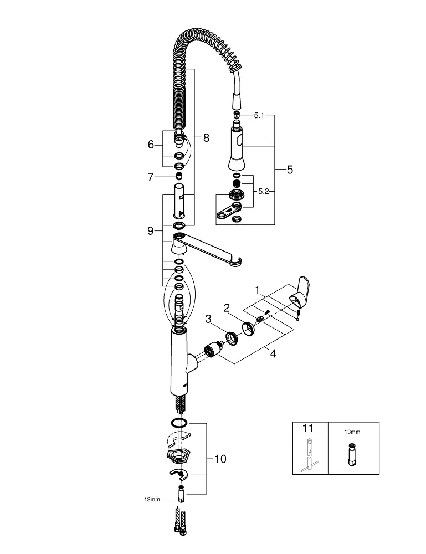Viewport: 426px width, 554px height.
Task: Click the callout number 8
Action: (x=206, y=138)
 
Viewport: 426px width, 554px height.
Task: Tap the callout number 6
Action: (x=150, y=145)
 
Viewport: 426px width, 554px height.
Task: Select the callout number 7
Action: (x=150, y=177)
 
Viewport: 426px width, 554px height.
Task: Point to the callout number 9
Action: (x=150, y=231)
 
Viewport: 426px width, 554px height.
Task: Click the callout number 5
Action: (x=290, y=170)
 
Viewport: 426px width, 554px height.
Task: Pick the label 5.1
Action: (x=260, y=116)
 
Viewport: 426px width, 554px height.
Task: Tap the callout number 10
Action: (x=220, y=459)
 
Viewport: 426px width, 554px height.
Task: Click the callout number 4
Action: (x=273, y=353)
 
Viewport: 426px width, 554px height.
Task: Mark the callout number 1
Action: (x=257, y=289)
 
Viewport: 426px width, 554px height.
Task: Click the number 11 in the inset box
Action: (x=308, y=428)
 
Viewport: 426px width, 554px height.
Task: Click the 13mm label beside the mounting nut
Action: (x=151, y=499)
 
